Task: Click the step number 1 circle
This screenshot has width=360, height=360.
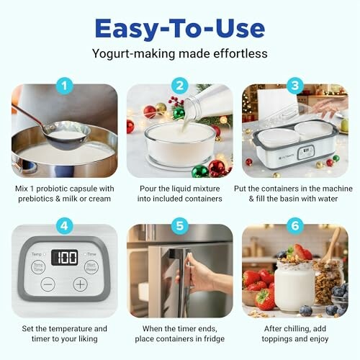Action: coord(65,87)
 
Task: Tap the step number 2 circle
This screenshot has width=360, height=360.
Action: coord(180,87)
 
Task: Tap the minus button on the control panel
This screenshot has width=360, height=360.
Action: coord(47,284)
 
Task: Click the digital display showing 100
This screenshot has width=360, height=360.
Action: coord(66,258)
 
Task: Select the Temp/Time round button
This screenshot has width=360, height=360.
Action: coord(37,266)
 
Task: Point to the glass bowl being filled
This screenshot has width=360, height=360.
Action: coord(179,144)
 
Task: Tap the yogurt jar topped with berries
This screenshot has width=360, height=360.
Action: coord(294,281)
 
